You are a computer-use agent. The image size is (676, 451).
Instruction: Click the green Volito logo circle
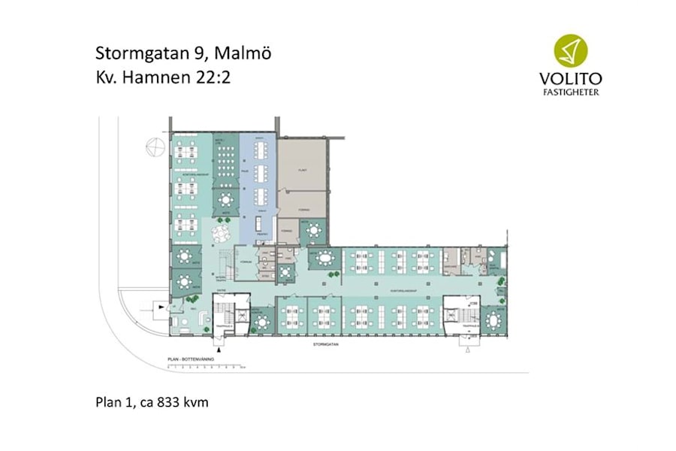coord(571,50)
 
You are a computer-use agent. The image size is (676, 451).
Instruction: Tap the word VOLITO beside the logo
coord(571,78)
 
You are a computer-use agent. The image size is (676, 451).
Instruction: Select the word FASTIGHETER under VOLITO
coord(571,92)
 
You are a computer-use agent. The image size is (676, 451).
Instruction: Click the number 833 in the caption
coord(164,403)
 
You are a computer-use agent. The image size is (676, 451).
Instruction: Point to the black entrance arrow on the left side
coord(158,306)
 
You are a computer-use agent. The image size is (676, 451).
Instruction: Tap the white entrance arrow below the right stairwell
coord(468,347)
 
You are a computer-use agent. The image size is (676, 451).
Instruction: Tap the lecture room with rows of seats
coord(225,161)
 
